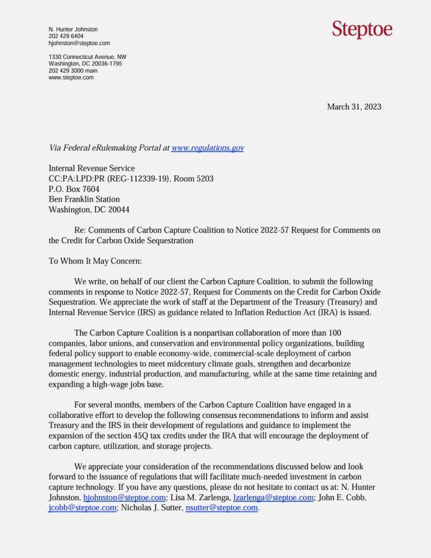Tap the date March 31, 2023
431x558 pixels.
pyautogui.click(x=354, y=107)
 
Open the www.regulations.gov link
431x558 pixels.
pyautogui.click(x=208, y=148)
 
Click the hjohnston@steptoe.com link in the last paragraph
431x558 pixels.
pyautogui.click(x=124, y=498)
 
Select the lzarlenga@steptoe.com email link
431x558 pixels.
pyautogui.click(x=273, y=498)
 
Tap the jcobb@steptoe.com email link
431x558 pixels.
pyautogui.click(x=82, y=507)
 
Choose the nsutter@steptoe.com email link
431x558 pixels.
pyautogui.click(x=221, y=507)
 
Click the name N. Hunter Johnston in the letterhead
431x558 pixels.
pyautogui.click(x=73, y=29)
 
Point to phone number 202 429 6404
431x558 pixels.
pyautogui.click(x=66, y=37)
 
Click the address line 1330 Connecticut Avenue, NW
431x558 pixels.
pyautogui.click(x=87, y=57)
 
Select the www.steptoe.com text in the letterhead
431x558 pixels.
pyautogui.click(x=71, y=77)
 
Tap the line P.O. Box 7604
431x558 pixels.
pyautogui.click(x=74, y=189)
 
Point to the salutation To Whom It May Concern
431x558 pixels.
pyautogui.click(x=95, y=261)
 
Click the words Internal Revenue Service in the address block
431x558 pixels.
pyautogui.click(x=92, y=168)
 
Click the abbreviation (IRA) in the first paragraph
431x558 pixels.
pyautogui.click(x=321, y=312)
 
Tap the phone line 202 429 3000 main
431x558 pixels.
pyautogui.click(x=73, y=70)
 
